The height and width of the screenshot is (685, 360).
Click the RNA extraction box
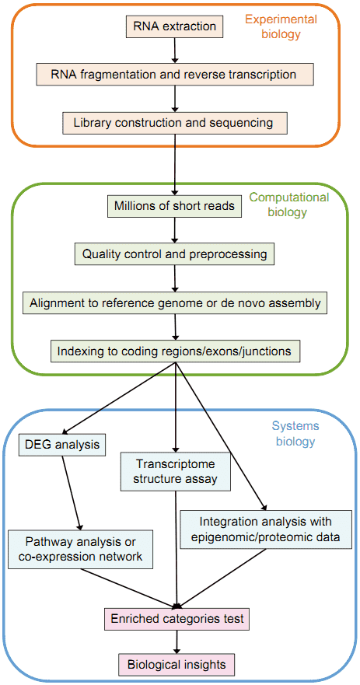[x=175, y=26]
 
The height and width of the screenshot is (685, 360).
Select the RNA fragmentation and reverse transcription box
[x=175, y=74]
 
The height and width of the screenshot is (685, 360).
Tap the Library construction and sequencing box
[x=175, y=123]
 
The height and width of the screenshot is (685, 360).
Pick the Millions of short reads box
[x=175, y=206]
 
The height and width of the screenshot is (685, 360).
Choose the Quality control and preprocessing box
[x=175, y=253]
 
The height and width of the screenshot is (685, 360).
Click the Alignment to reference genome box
[x=175, y=302]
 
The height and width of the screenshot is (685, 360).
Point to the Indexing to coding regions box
[x=175, y=351]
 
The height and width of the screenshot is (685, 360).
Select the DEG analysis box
[x=63, y=446]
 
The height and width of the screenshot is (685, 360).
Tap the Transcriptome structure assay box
[x=175, y=472]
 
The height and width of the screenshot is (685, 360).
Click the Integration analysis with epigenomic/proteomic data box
[x=266, y=529]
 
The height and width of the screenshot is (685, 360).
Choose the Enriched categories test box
[x=177, y=619]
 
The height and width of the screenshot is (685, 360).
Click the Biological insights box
[x=177, y=665]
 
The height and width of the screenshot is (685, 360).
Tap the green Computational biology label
[x=289, y=205]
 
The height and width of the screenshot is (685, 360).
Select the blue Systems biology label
[x=293, y=433]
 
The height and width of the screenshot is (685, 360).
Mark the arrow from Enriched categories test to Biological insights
[x=177, y=641]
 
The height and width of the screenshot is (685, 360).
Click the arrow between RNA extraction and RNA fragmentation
[x=175, y=51]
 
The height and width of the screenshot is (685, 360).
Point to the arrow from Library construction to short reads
[x=175, y=165]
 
